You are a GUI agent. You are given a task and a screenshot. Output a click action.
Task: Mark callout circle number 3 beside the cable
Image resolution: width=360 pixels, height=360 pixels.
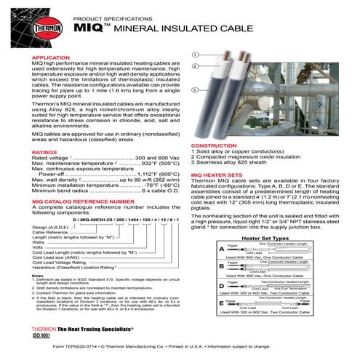pos(195,110)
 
